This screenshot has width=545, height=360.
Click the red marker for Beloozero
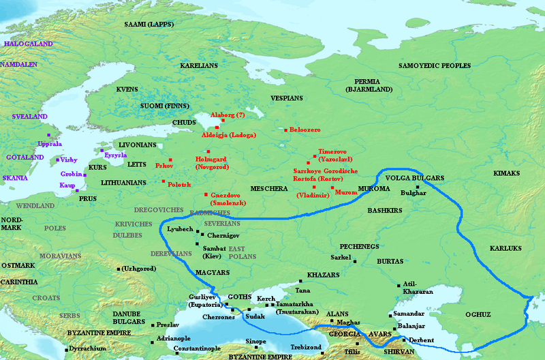point(285,130)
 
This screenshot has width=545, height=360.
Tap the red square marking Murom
point(332,187)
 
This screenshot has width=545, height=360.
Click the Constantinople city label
point(187,348)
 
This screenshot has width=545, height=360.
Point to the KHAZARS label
point(323,274)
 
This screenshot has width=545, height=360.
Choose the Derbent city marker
point(404,340)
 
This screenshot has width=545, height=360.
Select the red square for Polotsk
point(163,181)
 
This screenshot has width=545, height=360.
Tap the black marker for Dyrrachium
point(66,348)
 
